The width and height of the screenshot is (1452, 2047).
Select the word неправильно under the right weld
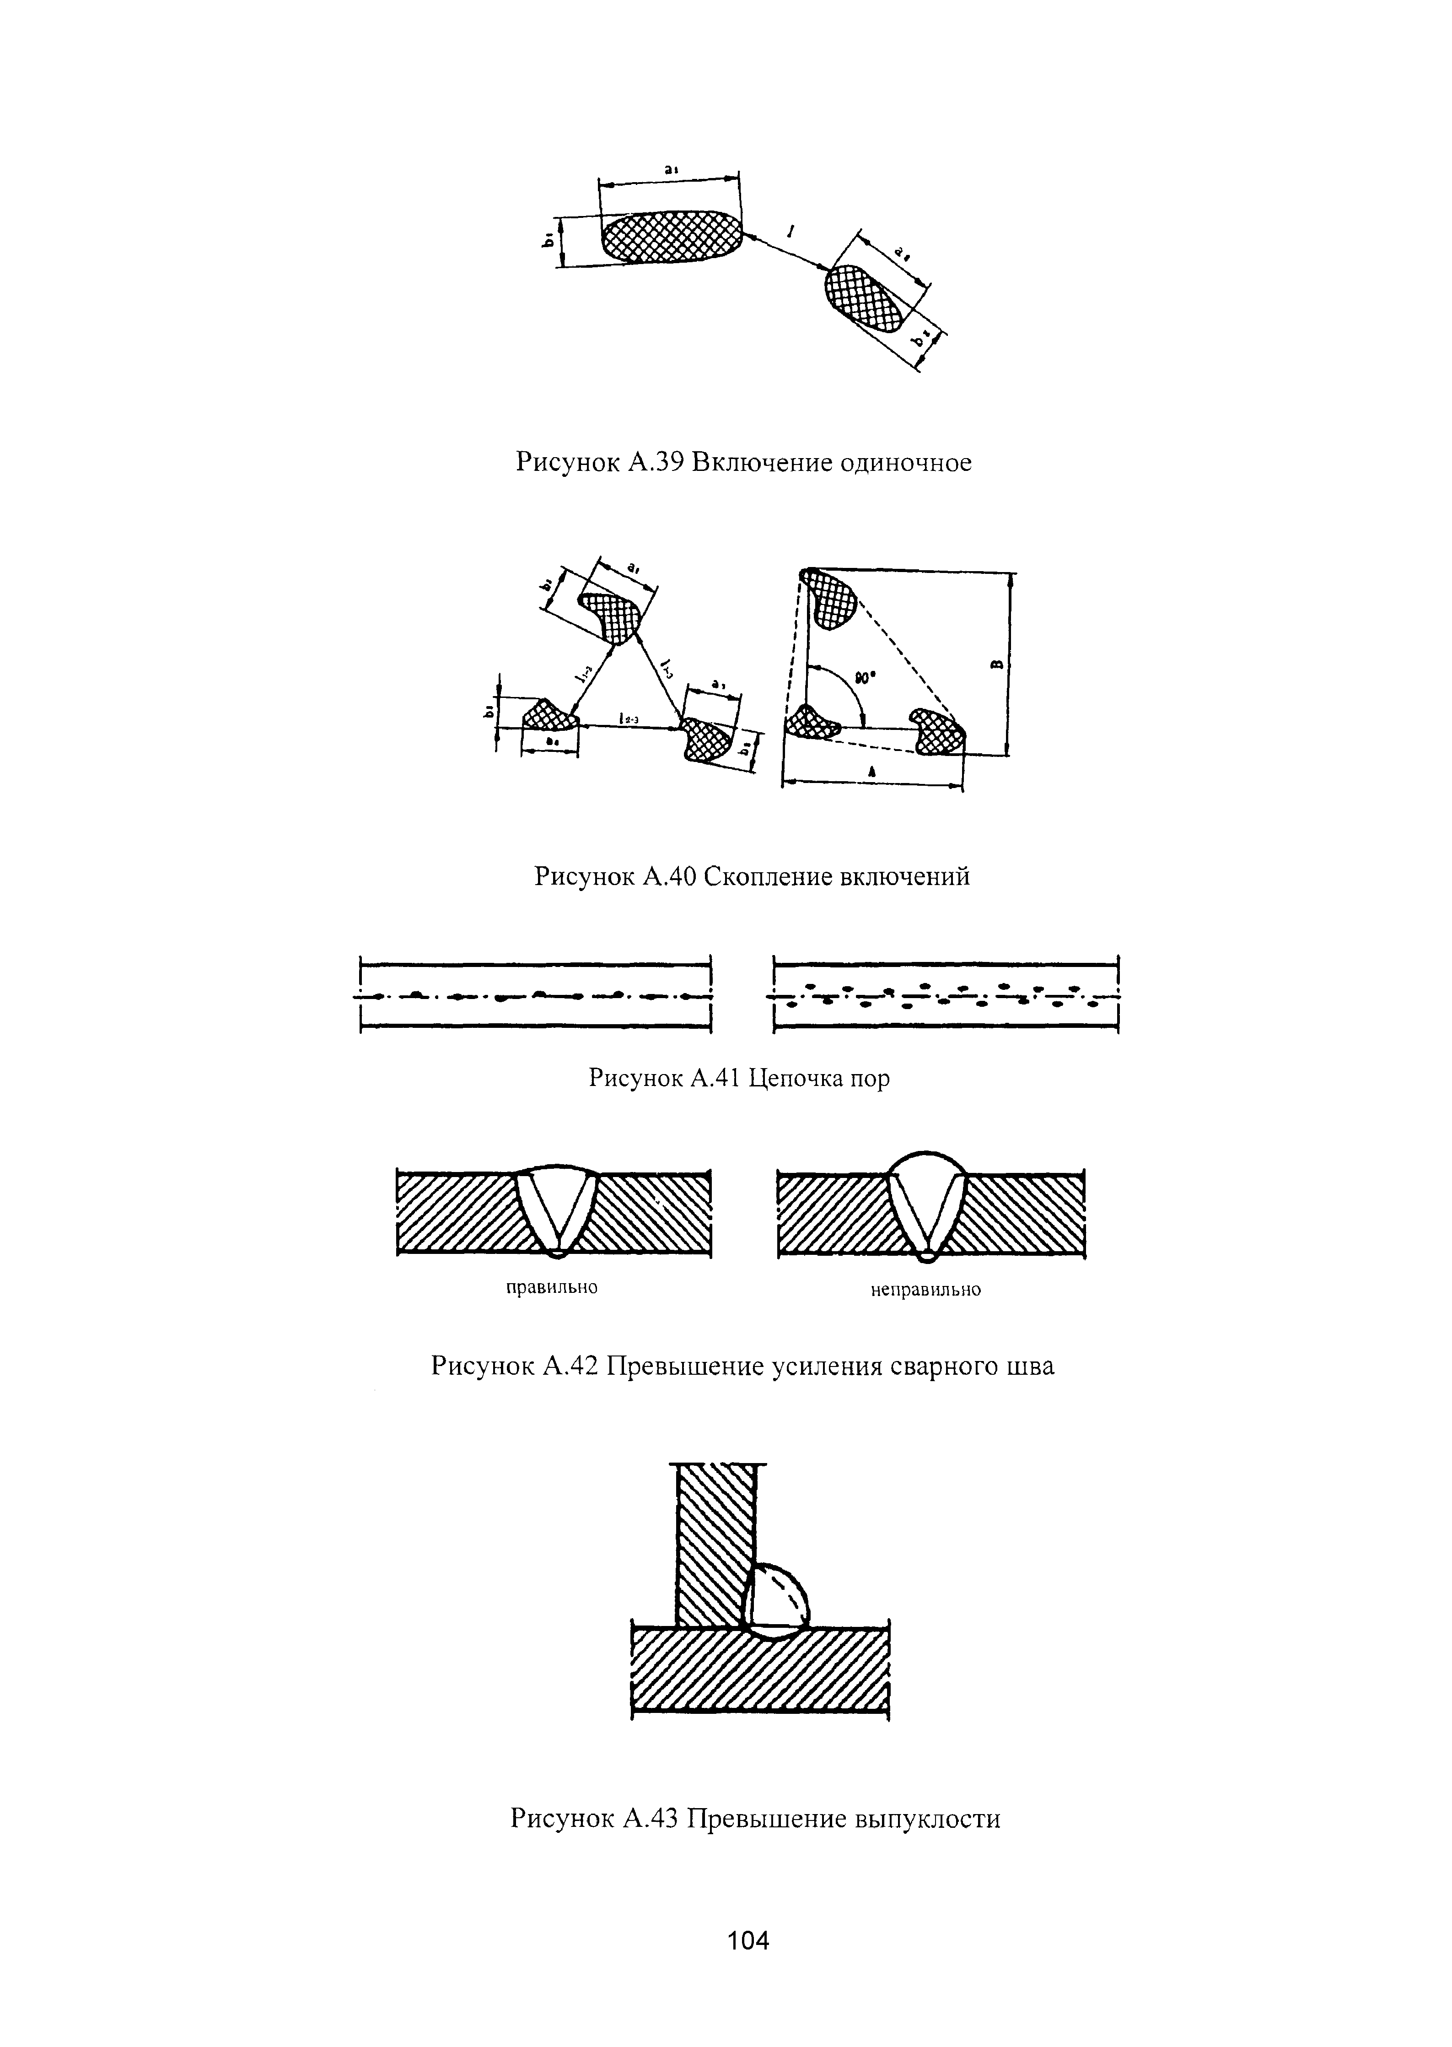(x=925, y=1290)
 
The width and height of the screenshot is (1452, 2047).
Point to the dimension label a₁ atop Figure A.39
(x=671, y=169)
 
